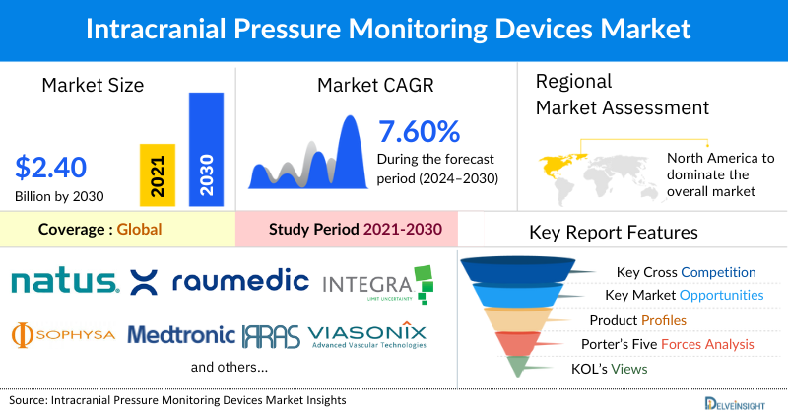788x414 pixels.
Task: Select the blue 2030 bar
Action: [x=206, y=148]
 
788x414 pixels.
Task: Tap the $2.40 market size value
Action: [x=50, y=166]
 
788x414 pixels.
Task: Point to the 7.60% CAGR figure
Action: [x=419, y=131]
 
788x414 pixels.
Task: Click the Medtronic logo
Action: [x=181, y=335]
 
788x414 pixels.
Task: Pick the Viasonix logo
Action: [x=367, y=335]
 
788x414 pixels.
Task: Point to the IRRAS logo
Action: [x=271, y=335]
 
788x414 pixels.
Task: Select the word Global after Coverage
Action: [x=139, y=230]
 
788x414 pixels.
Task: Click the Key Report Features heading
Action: [x=614, y=233]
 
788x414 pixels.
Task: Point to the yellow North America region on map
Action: [x=560, y=159]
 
